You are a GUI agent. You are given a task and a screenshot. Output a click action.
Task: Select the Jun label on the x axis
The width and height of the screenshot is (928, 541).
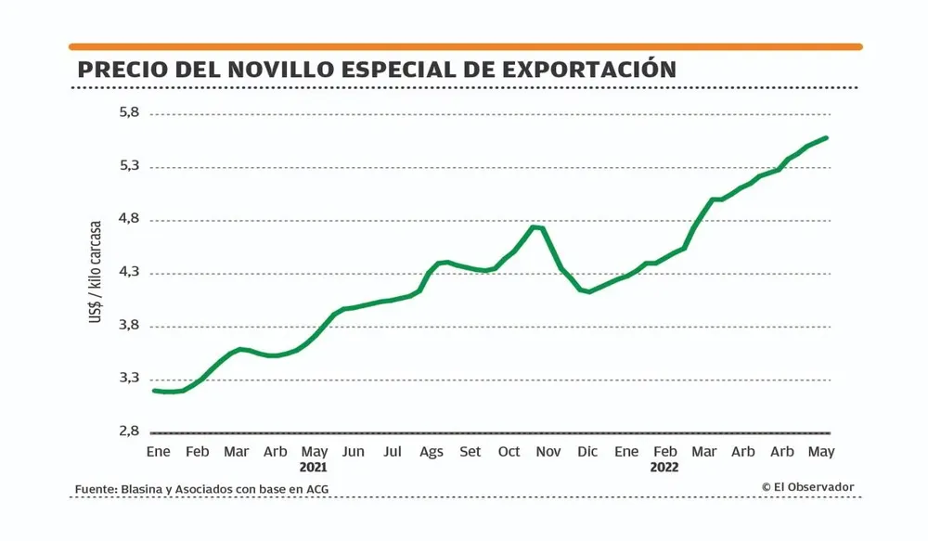pyautogui.click(x=353, y=452)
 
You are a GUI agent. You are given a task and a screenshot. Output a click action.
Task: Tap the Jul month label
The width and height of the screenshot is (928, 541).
pyautogui.click(x=393, y=452)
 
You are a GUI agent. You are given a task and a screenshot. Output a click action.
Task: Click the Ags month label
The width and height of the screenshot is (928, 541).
pyautogui.click(x=432, y=452)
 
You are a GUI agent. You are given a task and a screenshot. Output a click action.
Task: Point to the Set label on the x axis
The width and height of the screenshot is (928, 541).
pyautogui.click(x=470, y=452)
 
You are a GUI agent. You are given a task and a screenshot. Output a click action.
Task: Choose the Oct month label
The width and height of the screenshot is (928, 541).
pyautogui.click(x=509, y=452)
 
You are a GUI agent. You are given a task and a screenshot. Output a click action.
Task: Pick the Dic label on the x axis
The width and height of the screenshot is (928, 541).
pyautogui.click(x=587, y=452)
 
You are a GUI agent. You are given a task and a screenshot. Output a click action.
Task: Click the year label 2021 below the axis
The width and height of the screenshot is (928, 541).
pyautogui.click(x=314, y=468)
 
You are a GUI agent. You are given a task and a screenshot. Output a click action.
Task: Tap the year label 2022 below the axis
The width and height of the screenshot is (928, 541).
pyautogui.click(x=664, y=468)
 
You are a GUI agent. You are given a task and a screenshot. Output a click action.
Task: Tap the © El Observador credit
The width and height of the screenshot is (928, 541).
pyautogui.click(x=807, y=487)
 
